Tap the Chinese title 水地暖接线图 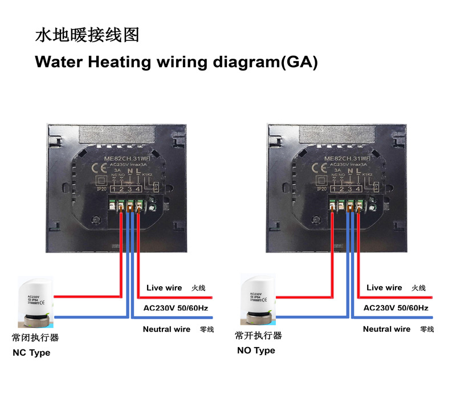tap(87, 35)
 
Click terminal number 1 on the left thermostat tap(114, 189)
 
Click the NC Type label tap(31, 353)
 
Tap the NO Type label tap(256, 351)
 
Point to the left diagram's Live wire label tap(164, 288)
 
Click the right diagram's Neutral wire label tap(386, 329)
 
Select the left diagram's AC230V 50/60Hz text tap(176, 308)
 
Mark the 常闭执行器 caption tap(35, 337)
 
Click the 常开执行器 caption tap(259, 335)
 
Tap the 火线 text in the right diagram tap(419, 288)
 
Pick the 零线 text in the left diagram tap(206, 329)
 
